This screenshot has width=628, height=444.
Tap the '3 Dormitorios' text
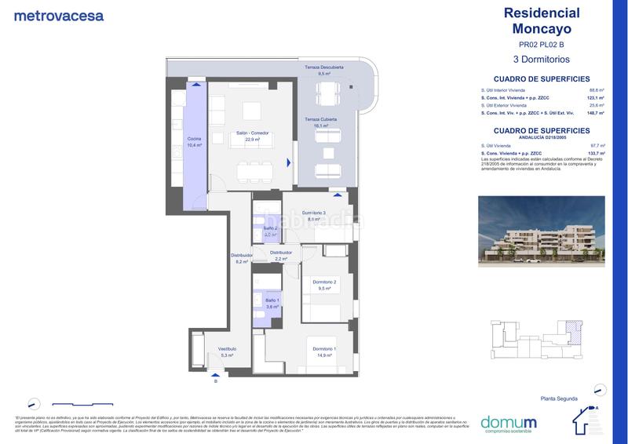click(541, 59)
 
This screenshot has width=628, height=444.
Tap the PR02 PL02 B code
click(541, 45)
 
